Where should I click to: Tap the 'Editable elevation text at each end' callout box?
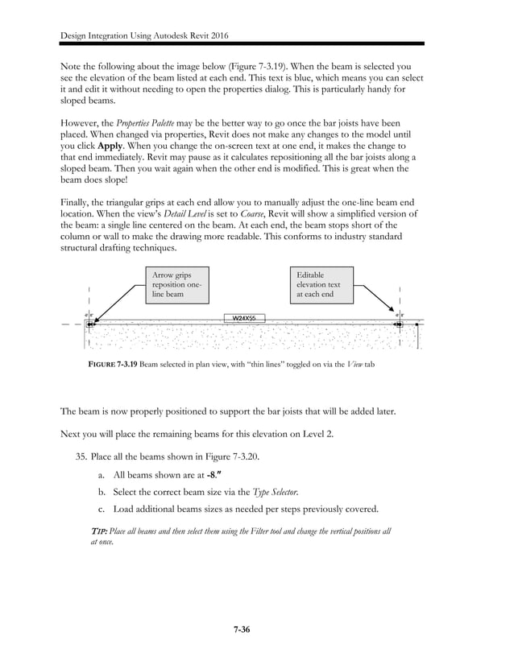click(x=322, y=285)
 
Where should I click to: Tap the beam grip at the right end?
click(x=399, y=325)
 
